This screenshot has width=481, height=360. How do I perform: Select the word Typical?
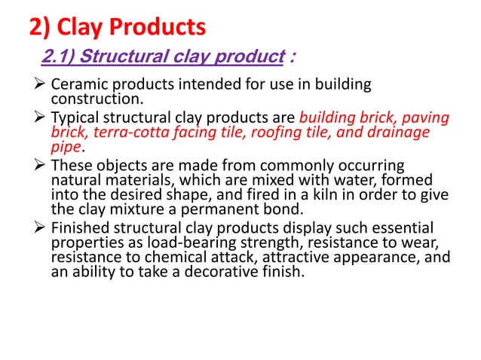[74, 118]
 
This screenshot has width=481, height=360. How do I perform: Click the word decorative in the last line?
[213, 271]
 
